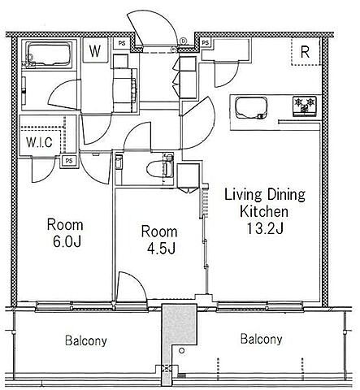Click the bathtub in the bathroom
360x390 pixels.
tap(50, 54)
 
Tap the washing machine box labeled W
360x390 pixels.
tap(95, 50)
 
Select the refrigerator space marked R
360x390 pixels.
tap(306, 52)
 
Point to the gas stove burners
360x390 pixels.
tap(305, 106)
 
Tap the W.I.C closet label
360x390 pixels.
tap(40, 142)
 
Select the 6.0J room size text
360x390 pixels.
tap(67, 241)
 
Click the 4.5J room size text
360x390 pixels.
tap(161, 248)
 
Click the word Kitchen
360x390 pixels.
tap(264, 211)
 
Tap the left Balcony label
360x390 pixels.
tap(86, 340)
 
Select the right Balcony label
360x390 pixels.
tap(262, 339)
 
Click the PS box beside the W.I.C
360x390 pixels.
tap(69, 161)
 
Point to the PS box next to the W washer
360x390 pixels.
tap(122, 43)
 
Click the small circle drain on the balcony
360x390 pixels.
tap(182, 350)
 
